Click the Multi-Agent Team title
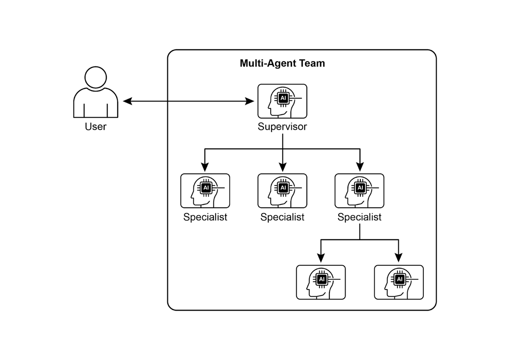pos(282,64)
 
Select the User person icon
pos(96,93)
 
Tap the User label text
pos(96,127)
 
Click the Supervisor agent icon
pos(282,101)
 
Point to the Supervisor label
pos(282,127)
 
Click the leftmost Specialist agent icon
pos(205,190)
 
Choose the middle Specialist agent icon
pos(282,190)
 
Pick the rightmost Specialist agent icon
pos(360,190)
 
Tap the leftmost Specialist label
pos(205,217)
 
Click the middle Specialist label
pos(282,217)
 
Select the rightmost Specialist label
pos(360,217)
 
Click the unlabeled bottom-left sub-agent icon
pos(321,282)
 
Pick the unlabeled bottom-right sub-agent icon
pos(399,282)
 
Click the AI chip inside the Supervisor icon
pos(283,98)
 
